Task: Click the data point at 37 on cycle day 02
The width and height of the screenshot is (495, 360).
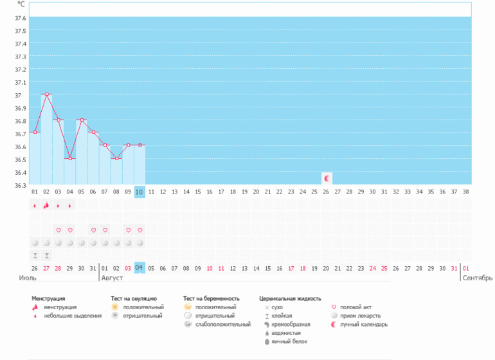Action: (x=47, y=94)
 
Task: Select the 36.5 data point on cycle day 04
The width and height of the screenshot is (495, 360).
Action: (x=70, y=159)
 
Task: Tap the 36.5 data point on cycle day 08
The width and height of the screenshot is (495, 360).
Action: (x=116, y=159)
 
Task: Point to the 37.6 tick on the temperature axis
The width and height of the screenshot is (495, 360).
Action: (x=20, y=18)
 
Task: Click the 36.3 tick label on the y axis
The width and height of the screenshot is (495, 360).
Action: (x=20, y=185)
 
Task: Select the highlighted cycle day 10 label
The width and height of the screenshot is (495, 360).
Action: (x=139, y=192)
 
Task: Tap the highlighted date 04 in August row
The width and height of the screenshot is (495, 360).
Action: (x=139, y=268)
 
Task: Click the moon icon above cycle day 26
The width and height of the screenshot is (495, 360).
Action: (x=327, y=179)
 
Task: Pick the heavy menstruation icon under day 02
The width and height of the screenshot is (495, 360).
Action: (x=46, y=205)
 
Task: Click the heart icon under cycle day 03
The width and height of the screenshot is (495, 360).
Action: (x=59, y=230)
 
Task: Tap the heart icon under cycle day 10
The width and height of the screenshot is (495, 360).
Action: (x=140, y=230)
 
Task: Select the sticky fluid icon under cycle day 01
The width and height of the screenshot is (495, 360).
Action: (x=35, y=256)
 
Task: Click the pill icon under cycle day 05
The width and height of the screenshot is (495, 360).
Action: (x=82, y=243)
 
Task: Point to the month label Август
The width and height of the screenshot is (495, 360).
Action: (x=112, y=278)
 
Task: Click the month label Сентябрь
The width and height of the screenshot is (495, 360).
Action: (x=477, y=278)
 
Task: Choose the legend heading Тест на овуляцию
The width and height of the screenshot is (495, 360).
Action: (x=134, y=298)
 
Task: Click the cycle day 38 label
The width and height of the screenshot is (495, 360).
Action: (x=465, y=192)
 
